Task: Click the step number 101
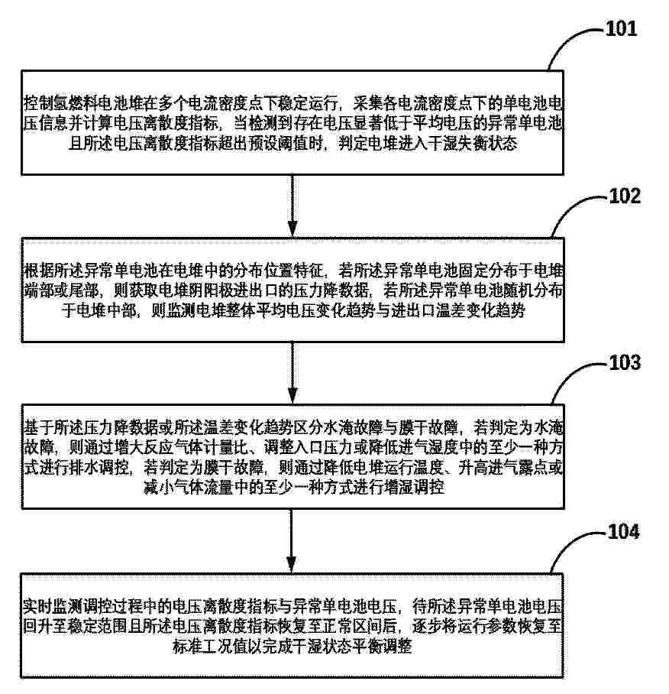pyautogui.click(x=621, y=29)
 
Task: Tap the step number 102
pyautogui.click(x=625, y=196)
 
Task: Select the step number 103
pyautogui.click(x=625, y=362)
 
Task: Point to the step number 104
pyautogui.click(x=624, y=531)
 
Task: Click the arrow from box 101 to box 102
pyautogui.click(x=292, y=206)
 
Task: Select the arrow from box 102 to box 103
pyautogui.click(x=292, y=373)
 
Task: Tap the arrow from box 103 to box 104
pyautogui.click(x=291, y=541)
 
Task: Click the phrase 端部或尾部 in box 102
pyautogui.click(x=61, y=290)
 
